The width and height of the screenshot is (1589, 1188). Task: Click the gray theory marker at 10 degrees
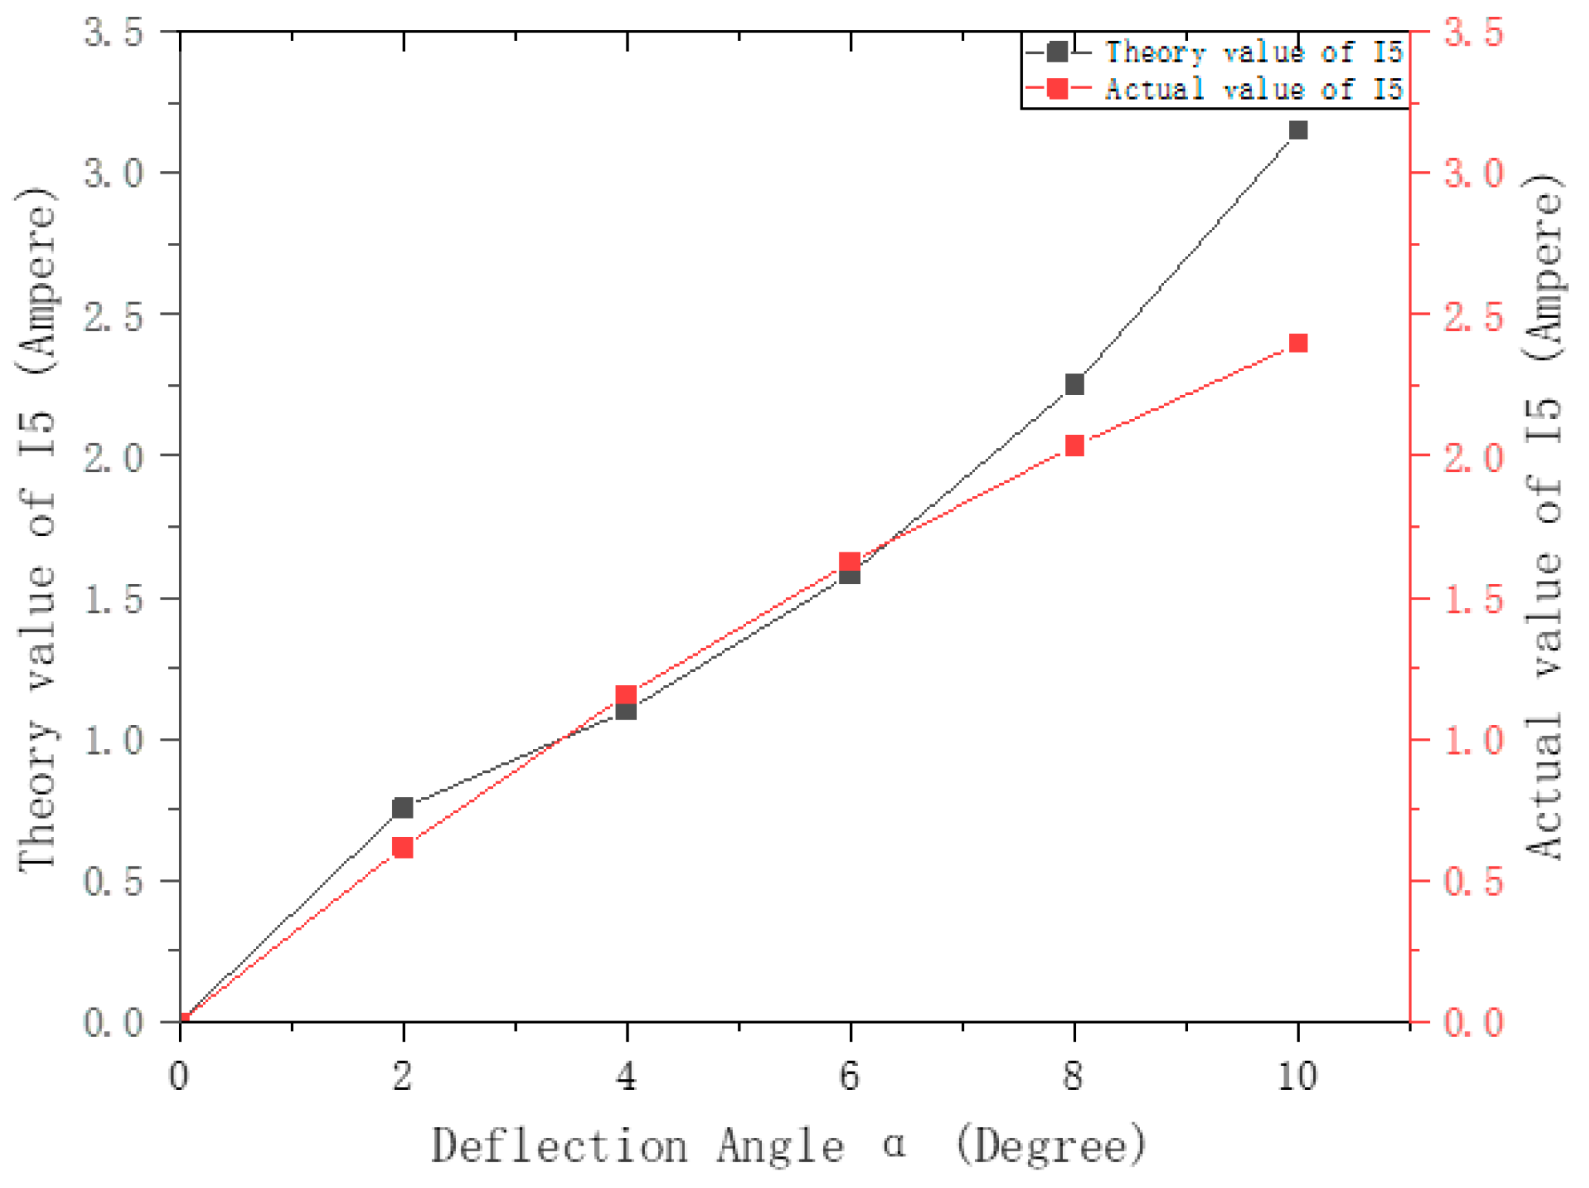[x=1298, y=130]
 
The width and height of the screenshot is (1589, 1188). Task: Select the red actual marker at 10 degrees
[x=1298, y=343]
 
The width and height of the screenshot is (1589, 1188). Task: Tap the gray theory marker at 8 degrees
[x=1075, y=384]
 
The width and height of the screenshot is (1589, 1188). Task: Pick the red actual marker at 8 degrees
[x=1075, y=446]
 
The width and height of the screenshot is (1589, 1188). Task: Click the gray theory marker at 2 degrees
[x=403, y=808]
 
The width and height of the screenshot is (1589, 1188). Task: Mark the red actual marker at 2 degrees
[x=403, y=848]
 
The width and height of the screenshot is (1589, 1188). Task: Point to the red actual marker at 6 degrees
[x=850, y=562]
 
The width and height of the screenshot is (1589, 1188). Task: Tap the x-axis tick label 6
[x=850, y=1075]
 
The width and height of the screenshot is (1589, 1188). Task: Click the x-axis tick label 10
[x=1298, y=1075]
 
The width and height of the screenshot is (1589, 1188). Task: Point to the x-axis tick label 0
[x=179, y=1075]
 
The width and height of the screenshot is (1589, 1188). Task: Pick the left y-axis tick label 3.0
[x=114, y=173]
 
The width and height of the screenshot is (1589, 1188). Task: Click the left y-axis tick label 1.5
[x=114, y=599]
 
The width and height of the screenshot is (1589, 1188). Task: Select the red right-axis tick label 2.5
[x=1474, y=316]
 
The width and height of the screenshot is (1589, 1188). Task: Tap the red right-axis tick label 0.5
[x=1474, y=881]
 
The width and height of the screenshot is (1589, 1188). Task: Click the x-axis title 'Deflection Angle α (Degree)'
[x=788, y=1145]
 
